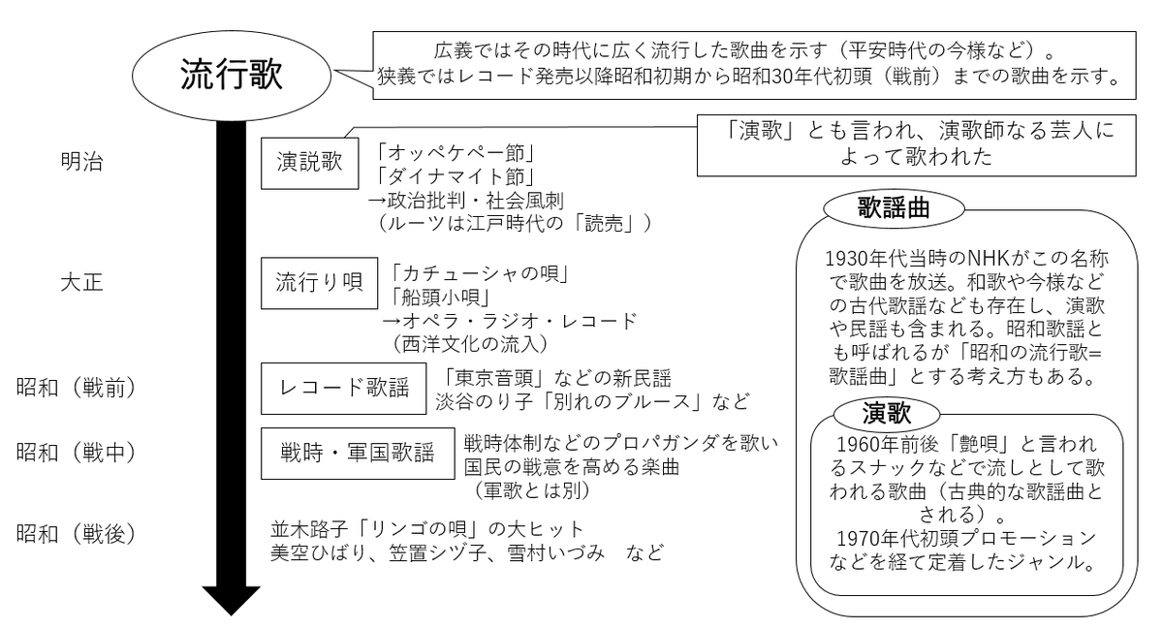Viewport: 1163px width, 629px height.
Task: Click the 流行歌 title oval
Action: tap(231, 76)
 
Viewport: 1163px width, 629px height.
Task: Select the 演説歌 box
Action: tap(309, 163)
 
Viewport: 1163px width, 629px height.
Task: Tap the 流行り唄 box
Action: tap(319, 283)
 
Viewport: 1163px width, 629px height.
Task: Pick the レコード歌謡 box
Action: tap(343, 389)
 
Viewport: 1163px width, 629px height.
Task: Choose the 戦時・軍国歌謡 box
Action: tap(358, 453)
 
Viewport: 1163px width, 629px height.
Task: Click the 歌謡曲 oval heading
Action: tap(894, 208)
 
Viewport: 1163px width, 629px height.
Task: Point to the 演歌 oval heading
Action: tap(887, 414)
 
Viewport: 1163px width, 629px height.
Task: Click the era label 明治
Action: tap(82, 162)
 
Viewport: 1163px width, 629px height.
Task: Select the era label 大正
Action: tap(82, 283)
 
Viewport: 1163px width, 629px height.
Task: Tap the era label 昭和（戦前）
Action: tap(76, 388)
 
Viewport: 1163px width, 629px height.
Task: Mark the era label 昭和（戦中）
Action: tap(76, 453)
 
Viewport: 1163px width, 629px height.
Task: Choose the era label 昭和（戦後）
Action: tap(76, 534)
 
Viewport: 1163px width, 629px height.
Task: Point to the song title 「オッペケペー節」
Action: tap(454, 153)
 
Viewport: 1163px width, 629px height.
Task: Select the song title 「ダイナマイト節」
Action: tap(454, 176)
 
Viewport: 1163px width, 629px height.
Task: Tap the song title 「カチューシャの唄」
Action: tap(479, 273)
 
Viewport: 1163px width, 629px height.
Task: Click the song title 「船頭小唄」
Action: tap(440, 298)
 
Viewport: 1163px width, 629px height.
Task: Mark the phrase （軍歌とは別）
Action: tap(532, 490)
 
